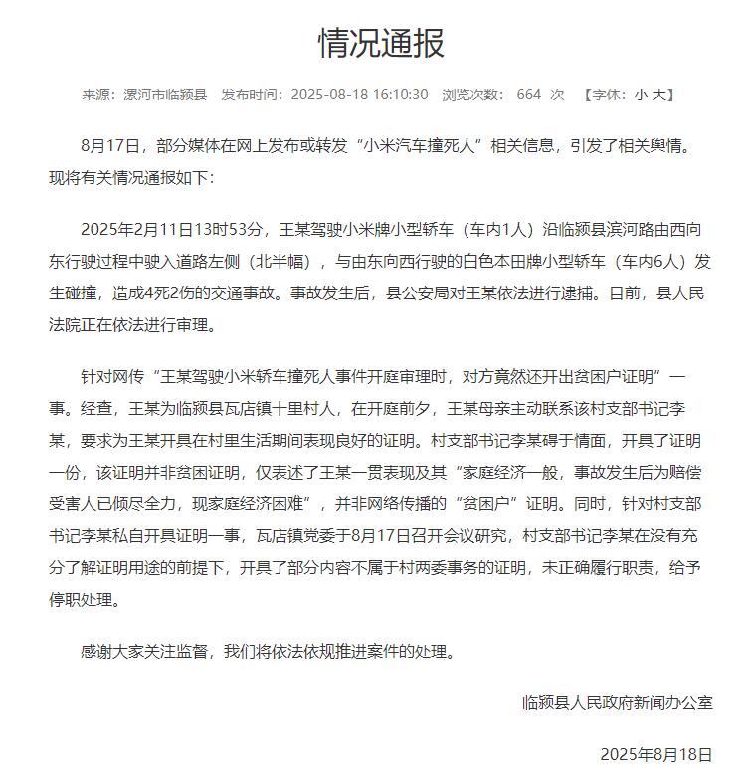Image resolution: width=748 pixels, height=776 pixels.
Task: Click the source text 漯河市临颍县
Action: (160, 95)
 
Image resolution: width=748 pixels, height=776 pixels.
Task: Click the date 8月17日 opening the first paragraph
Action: (107, 145)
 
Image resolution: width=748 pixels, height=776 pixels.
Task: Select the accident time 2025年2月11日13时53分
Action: (174, 230)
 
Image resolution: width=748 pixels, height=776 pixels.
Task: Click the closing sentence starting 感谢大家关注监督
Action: (269, 653)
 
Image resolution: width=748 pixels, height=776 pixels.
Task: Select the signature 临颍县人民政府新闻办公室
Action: (618, 702)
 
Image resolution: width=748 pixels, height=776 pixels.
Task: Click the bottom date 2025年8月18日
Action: (657, 753)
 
